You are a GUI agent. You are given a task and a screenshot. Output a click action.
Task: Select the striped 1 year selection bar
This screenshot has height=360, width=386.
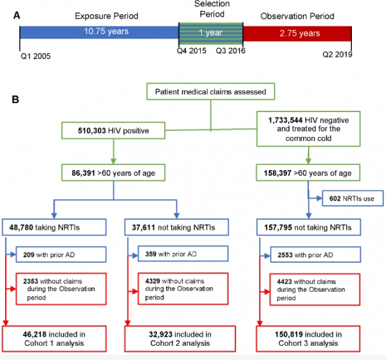pos(210,32)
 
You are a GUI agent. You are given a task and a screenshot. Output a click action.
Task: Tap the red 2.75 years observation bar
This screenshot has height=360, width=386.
pos(297,32)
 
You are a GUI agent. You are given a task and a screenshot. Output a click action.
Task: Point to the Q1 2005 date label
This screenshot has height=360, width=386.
pos(35,56)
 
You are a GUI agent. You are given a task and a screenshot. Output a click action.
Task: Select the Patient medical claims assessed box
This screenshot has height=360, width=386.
pos(210,92)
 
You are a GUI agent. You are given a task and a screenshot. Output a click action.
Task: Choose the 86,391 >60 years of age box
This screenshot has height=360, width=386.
pos(113,173)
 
